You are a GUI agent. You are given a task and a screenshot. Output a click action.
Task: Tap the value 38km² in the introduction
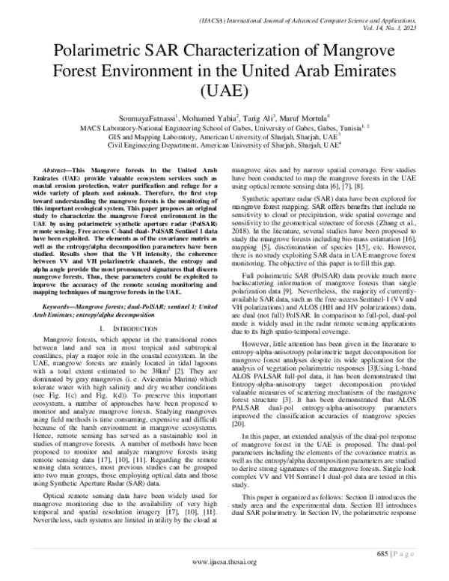pos(167,370)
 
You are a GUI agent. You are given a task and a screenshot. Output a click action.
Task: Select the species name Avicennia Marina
pos(153,380)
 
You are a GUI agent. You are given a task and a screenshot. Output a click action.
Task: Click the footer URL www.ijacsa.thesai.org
pos(224,562)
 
